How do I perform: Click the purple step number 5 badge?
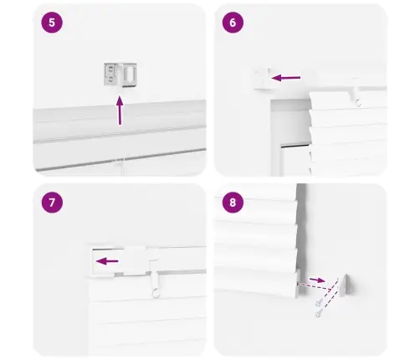(x=52, y=23)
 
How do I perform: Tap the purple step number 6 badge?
(x=233, y=23)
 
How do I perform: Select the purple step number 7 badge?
(x=52, y=203)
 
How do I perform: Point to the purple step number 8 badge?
(x=233, y=203)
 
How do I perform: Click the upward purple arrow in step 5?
(x=120, y=111)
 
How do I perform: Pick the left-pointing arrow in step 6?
(x=286, y=78)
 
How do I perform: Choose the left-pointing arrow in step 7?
(x=107, y=261)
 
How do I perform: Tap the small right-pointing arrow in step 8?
(x=317, y=280)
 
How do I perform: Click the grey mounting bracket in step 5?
(x=120, y=75)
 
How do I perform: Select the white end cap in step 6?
(x=262, y=79)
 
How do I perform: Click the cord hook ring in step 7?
(x=156, y=294)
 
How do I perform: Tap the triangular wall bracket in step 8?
(x=346, y=285)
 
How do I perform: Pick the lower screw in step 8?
(x=319, y=313)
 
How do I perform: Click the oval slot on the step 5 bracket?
(x=131, y=74)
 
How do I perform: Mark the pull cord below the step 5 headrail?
(x=121, y=167)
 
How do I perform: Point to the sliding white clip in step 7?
(x=135, y=261)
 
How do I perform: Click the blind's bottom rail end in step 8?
(x=298, y=282)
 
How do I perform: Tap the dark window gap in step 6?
(x=295, y=146)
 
